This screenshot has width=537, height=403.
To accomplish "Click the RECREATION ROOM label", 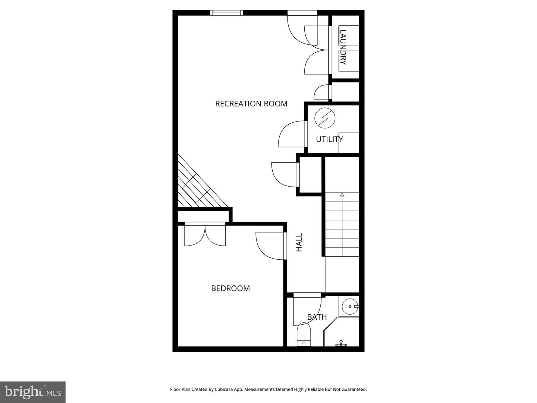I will tap(251, 104).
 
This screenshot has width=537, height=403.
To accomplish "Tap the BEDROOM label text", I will tap(230, 288).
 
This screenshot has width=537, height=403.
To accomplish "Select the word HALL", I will tap(299, 243).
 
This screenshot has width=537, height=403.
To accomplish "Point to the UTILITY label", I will tap(329, 140).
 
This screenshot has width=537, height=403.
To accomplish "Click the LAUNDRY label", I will tap(343, 47).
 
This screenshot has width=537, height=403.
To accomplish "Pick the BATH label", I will tap(317, 317).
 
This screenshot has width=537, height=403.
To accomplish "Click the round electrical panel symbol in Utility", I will tap(325, 118).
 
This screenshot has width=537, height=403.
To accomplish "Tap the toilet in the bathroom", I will tap(304, 335).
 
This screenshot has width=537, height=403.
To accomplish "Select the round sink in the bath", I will tap(350, 306).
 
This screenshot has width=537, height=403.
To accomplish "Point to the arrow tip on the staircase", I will tap(342, 194).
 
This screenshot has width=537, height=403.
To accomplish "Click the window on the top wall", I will tap(227, 13).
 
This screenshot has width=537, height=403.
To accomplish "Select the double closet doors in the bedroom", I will tap(205, 235).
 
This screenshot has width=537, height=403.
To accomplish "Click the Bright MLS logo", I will tap(33, 392).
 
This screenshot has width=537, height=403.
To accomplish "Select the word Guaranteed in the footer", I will tap(354, 389).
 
